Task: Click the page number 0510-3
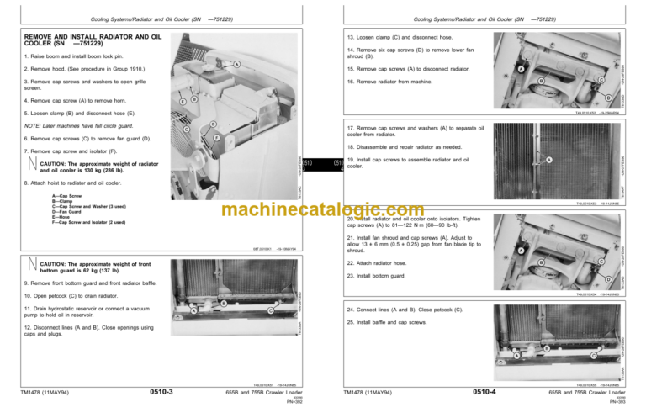pyautogui.click(x=161, y=391)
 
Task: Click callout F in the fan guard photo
pyautogui.click(x=216, y=138)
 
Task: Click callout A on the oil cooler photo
pyautogui.click(x=548, y=160)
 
